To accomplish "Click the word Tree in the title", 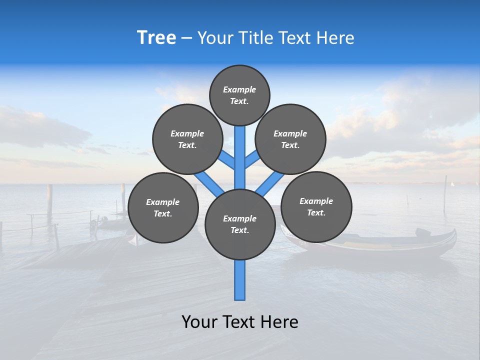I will click(156, 37).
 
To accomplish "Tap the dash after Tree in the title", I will click(186, 38).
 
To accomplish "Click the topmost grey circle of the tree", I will click(239, 95).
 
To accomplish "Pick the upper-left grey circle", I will click(187, 139).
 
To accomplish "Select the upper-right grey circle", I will click(290, 139).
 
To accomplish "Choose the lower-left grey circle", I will click(163, 207).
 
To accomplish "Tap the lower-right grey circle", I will click(316, 206).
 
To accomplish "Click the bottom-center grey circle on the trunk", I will click(240, 224).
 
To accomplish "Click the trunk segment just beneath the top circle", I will click(240, 145).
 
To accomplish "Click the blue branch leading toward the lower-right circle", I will click(270, 183).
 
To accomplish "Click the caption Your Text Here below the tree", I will click(240, 322).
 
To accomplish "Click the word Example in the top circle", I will click(239, 89).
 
